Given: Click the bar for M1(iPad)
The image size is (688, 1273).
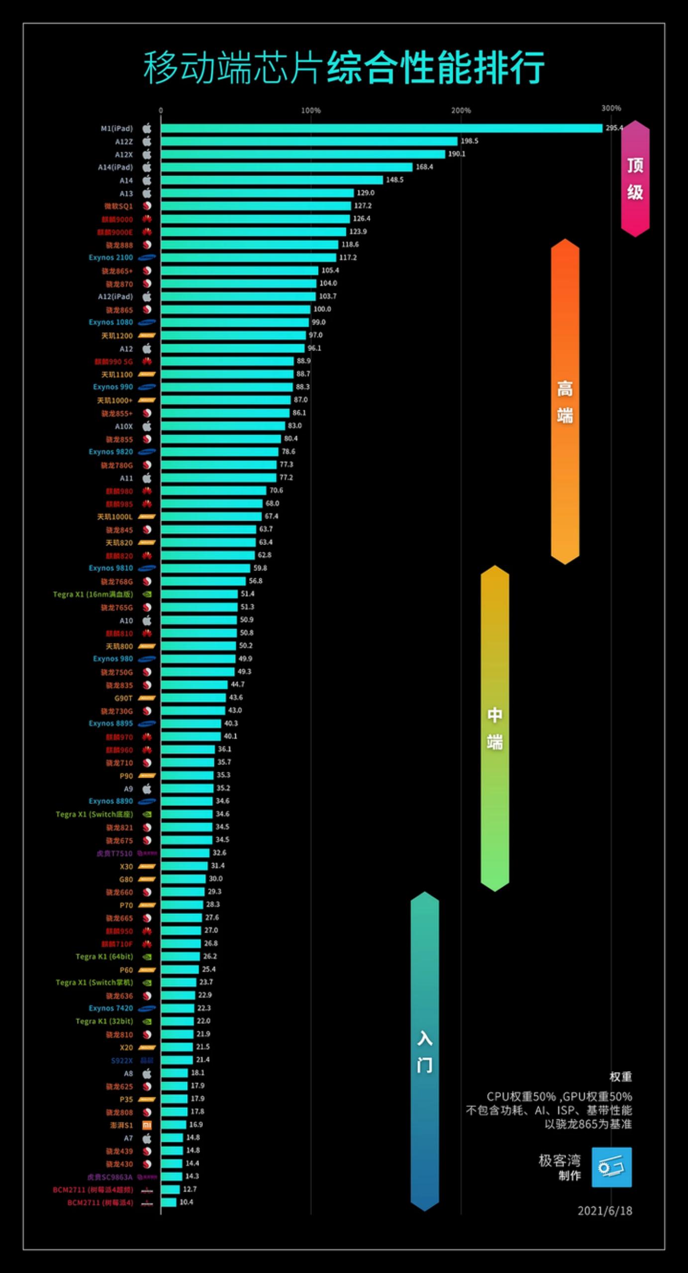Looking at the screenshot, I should click(381, 128).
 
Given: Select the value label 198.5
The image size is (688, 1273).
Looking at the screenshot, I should click(469, 141).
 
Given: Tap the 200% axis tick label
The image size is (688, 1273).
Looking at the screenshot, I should click(461, 110).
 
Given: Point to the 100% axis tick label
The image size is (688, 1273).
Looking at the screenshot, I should click(311, 110).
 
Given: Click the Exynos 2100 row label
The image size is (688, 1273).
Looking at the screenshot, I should click(110, 258).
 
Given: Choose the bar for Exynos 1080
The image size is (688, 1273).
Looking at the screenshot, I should click(234, 322).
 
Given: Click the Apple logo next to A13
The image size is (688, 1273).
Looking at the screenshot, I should click(147, 193).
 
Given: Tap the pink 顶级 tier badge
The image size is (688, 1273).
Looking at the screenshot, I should click(635, 179).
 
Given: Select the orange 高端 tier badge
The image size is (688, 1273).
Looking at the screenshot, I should click(565, 401).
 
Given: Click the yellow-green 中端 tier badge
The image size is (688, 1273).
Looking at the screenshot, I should click(494, 728).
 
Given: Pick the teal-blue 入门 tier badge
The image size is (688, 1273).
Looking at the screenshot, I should click(424, 1051).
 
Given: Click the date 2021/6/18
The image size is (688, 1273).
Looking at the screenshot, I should click(604, 1211).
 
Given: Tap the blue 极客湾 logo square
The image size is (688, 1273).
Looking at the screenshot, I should click(611, 1168).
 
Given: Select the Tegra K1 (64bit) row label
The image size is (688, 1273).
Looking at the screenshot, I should click(104, 957).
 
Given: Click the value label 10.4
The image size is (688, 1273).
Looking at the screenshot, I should click(186, 1202).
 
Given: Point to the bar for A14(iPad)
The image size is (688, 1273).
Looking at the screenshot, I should click(287, 167).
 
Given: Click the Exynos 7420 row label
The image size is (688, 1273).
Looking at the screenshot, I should click(110, 1008).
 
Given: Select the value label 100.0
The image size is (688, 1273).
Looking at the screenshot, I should click(322, 309).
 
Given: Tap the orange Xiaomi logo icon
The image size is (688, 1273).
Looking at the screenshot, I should click(147, 1125).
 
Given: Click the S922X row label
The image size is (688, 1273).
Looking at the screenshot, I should click(121, 1060).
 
